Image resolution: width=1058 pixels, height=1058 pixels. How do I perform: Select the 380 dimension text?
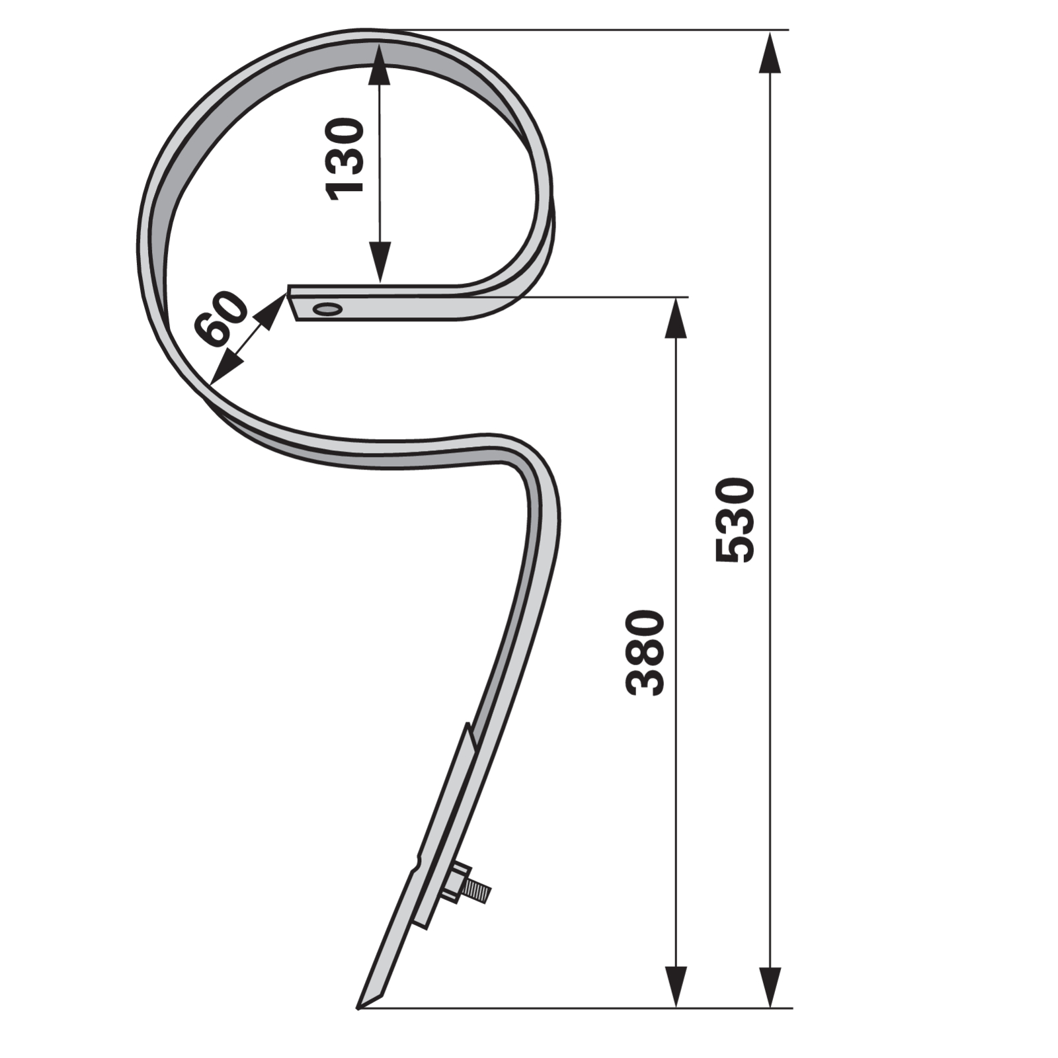(x=645, y=653)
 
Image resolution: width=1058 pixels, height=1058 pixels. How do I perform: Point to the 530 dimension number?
(x=735, y=520)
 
